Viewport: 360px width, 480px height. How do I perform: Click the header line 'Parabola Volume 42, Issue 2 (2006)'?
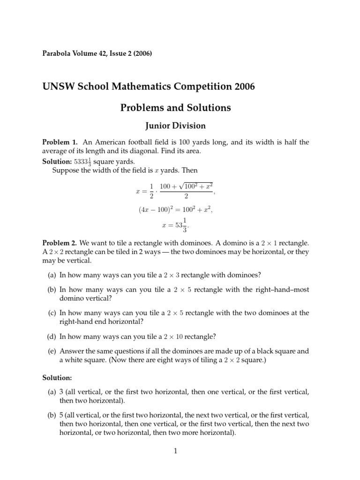[97, 53]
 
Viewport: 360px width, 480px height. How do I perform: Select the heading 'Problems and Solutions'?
[176, 108]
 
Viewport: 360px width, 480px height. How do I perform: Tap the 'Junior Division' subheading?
[176, 125]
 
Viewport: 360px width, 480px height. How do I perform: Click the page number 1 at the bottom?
[176, 451]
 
